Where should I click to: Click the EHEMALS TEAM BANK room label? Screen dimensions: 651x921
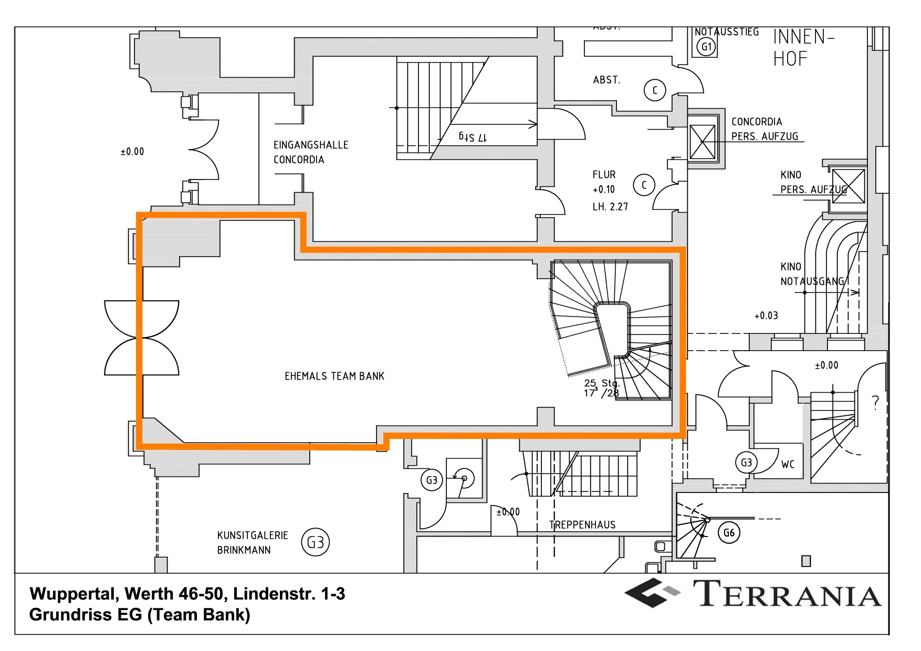coord(334,376)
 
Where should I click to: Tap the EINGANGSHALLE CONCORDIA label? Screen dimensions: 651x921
coord(310,152)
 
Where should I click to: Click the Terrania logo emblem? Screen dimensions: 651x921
coord(652,593)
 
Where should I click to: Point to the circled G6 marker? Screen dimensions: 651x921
coord(729,533)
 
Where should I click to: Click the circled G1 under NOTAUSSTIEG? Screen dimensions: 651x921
coord(706,46)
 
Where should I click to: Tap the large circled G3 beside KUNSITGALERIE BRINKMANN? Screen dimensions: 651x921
coord(315,542)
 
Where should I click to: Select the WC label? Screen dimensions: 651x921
coord(788,464)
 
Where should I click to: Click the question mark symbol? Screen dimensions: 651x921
coord(875,402)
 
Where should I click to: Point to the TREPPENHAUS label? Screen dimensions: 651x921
coord(582,524)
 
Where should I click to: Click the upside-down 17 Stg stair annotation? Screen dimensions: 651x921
coord(473,137)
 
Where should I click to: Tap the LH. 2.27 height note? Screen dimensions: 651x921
coord(610,206)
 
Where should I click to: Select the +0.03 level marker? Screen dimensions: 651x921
coord(766,316)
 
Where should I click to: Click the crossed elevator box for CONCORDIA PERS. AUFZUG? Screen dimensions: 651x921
coord(702,142)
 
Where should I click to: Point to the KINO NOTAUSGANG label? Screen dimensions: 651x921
coord(811,274)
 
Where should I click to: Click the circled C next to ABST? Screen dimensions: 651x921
coord(654,90)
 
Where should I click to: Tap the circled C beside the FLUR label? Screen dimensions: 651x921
coord(644,185)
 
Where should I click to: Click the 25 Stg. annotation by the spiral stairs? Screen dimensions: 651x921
coord(602,383)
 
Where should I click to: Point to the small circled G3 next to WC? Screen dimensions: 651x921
coord(746,463)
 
